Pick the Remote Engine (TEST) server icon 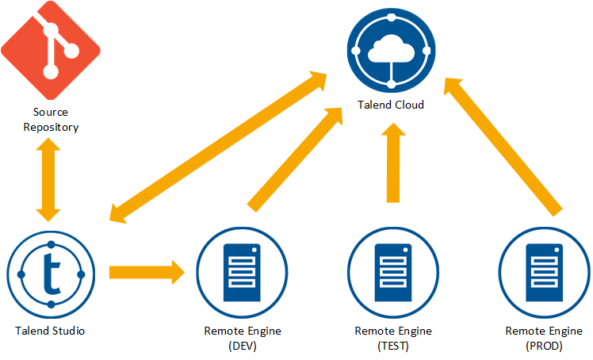[x=392, y=272]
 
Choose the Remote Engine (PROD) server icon [x=545, y=272]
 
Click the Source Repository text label [x=52, y=120]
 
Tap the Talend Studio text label [x=50, y=330]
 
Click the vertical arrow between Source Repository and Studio [x=50, y=181]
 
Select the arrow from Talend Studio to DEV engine [x=147, y=272]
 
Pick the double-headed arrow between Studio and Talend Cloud [x=219, y=147]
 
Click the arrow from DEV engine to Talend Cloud [x=294, y=159]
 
